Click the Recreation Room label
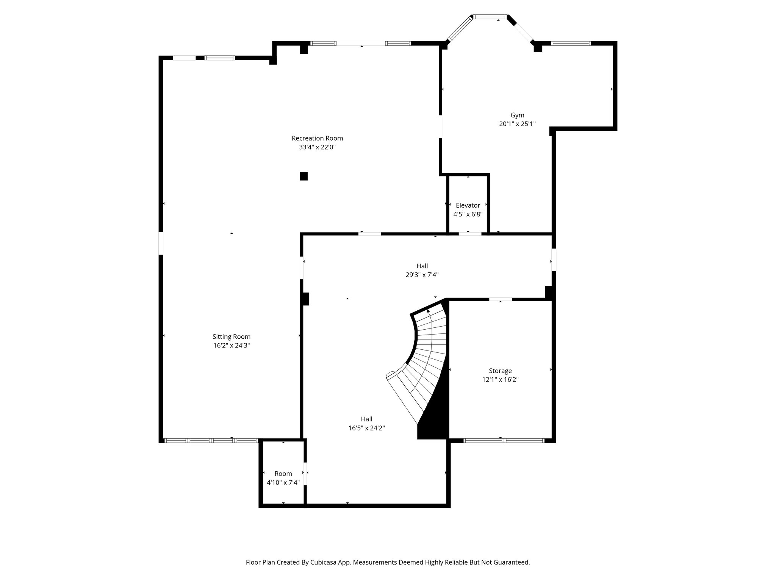(317, 138)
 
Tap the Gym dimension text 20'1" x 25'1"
(517, 124)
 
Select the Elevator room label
(468, 205)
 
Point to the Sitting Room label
(231, 336)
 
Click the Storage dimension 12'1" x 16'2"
(500, 380)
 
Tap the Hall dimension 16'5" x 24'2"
(366, 428)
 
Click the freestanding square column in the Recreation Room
(304, 176)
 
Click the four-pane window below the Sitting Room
(211, 441)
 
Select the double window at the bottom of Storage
(504, 441)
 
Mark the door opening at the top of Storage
(500, 299)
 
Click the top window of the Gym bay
(490, 17)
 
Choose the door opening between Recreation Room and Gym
(441, 126)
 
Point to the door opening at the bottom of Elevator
(470, 234)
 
